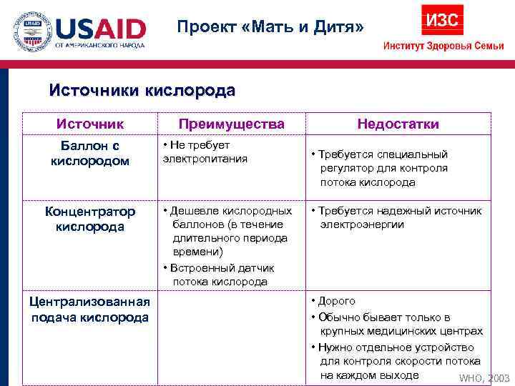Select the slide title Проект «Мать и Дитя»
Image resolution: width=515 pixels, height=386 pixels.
click(271, 27)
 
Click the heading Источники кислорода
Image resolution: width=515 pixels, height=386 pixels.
click(142, 91)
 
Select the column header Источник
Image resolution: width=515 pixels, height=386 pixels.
click(90, 124)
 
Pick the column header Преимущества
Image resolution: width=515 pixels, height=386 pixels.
click(231, 124)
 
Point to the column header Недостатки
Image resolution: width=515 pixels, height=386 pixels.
click(398, 124)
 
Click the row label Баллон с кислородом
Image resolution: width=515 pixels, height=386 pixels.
click(90, 153)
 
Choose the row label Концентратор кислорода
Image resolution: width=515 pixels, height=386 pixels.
click(90, 219)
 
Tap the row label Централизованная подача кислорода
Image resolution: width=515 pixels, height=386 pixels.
click(90, 310)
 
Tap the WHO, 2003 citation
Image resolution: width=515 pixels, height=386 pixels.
click(484, 378)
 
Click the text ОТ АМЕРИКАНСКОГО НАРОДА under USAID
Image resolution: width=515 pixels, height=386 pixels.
click(100, 45)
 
